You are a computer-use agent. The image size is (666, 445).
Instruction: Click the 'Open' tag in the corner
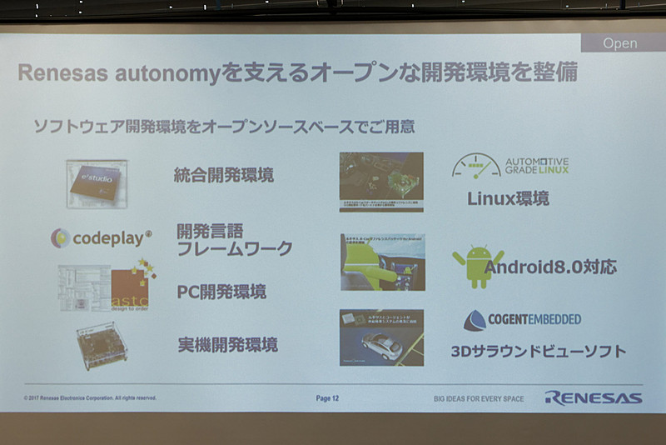coord(619,43)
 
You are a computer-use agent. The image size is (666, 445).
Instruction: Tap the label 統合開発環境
coord(224,176)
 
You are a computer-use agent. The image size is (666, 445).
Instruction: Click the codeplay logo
coord(101,238)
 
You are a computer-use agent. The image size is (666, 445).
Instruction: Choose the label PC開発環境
coord(221,292)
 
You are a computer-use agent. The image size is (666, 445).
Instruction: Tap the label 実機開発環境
coord(227,344)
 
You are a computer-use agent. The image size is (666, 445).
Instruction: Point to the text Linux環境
coord(508,198)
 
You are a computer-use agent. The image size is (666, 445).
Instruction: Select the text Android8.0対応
coord(550,267)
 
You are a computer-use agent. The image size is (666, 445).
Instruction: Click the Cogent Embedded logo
coord(522,320)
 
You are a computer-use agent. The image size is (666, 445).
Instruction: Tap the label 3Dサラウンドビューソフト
coord(538,351)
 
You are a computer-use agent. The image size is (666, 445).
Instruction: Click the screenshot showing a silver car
coord(381,337)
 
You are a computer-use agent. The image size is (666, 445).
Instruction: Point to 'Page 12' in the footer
coord(327,398)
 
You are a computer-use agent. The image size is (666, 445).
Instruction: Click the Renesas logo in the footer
coord(593,397)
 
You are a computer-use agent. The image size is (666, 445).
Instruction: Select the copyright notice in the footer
coord(90,398)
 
